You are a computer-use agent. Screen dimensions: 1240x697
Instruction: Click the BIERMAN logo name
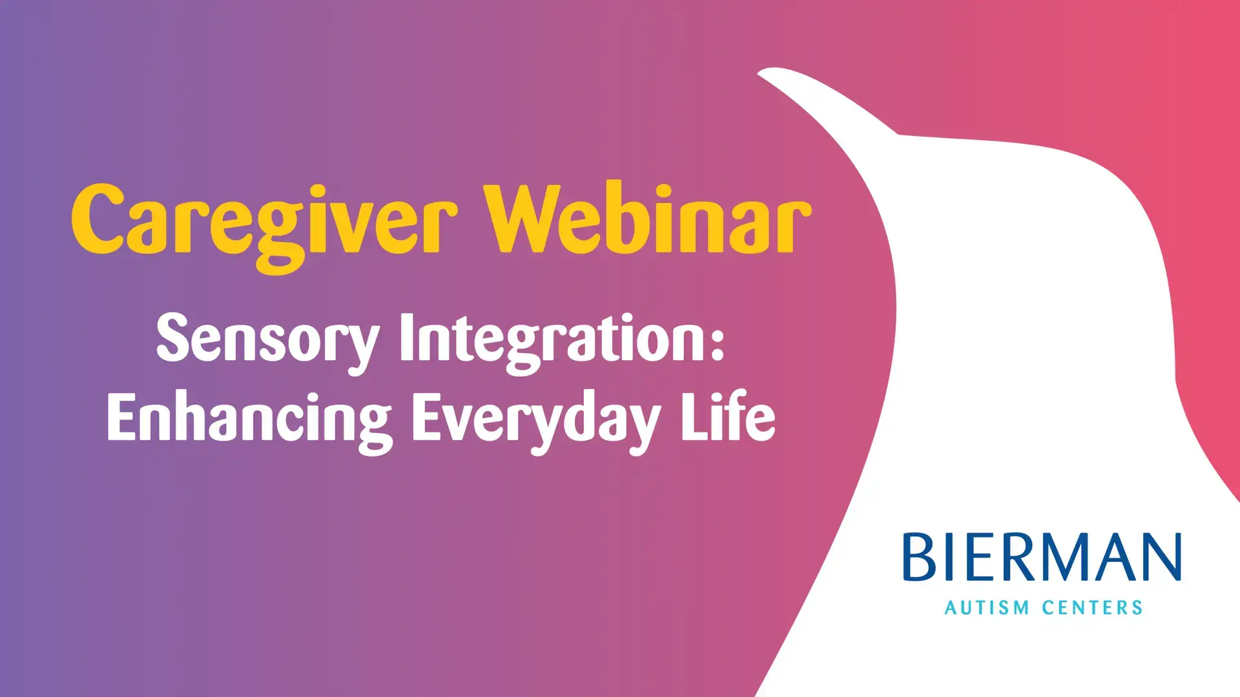click(1042, 556)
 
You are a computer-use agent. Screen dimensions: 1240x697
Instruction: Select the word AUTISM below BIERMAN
click(987, 608)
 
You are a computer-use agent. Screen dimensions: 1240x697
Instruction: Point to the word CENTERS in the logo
click(1092, 608)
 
